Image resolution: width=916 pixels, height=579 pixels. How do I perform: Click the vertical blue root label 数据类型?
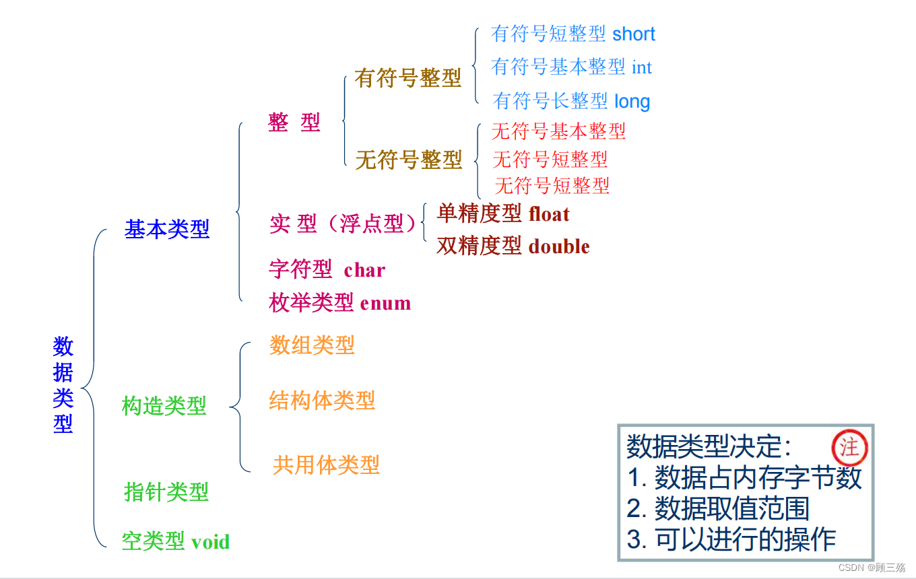(63, 384)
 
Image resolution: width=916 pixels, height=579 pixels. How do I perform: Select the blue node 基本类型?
(167, 230)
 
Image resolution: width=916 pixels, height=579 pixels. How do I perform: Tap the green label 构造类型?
(164, 406)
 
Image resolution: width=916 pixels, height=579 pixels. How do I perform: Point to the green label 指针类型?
(166, 491)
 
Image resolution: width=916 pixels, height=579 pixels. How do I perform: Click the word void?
(211, 542)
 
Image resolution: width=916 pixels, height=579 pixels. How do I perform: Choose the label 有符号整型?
(408, 79)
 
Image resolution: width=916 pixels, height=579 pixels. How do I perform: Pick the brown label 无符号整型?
(408, 160)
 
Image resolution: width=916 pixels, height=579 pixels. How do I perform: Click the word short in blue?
(634, 34)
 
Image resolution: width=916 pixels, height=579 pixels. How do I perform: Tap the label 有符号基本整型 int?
(572, 67)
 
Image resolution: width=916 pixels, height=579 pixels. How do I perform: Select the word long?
(632, 102)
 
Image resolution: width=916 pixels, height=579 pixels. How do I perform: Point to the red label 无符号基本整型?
(559, 131)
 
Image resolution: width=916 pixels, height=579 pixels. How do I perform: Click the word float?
(549, 214)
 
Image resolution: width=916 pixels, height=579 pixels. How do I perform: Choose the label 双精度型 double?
(513, 246)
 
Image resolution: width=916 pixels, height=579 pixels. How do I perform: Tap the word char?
(364, 270)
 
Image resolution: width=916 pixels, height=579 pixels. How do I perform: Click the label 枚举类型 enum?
(340, 303)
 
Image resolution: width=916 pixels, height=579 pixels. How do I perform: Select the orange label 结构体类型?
(322, 401)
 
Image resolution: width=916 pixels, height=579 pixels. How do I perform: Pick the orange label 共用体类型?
(326, 465)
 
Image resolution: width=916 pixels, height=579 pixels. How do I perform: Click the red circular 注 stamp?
(850, 447)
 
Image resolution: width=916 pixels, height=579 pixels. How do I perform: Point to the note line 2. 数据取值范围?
(718, 508)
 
